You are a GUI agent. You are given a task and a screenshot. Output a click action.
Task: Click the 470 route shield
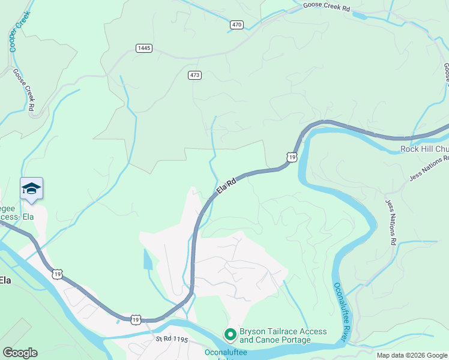237,25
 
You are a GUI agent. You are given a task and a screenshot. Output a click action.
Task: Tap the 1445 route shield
143,48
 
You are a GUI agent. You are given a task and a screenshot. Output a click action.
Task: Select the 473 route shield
194,75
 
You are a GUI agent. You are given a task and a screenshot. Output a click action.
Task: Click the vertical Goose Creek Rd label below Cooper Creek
23,89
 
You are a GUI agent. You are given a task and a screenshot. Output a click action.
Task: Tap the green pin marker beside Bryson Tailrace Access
229,334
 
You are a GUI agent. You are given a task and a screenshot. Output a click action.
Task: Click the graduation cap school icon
31,188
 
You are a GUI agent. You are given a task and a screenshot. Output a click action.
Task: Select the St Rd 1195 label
172,340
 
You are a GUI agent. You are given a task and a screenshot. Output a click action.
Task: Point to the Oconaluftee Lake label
226,353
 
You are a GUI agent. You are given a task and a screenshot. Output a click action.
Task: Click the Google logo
20,353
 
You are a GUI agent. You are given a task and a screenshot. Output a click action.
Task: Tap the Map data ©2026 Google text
412,355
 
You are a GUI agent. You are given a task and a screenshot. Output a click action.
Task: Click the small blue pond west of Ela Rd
148,259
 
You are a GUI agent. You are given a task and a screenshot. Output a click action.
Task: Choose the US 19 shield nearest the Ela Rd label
291,157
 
